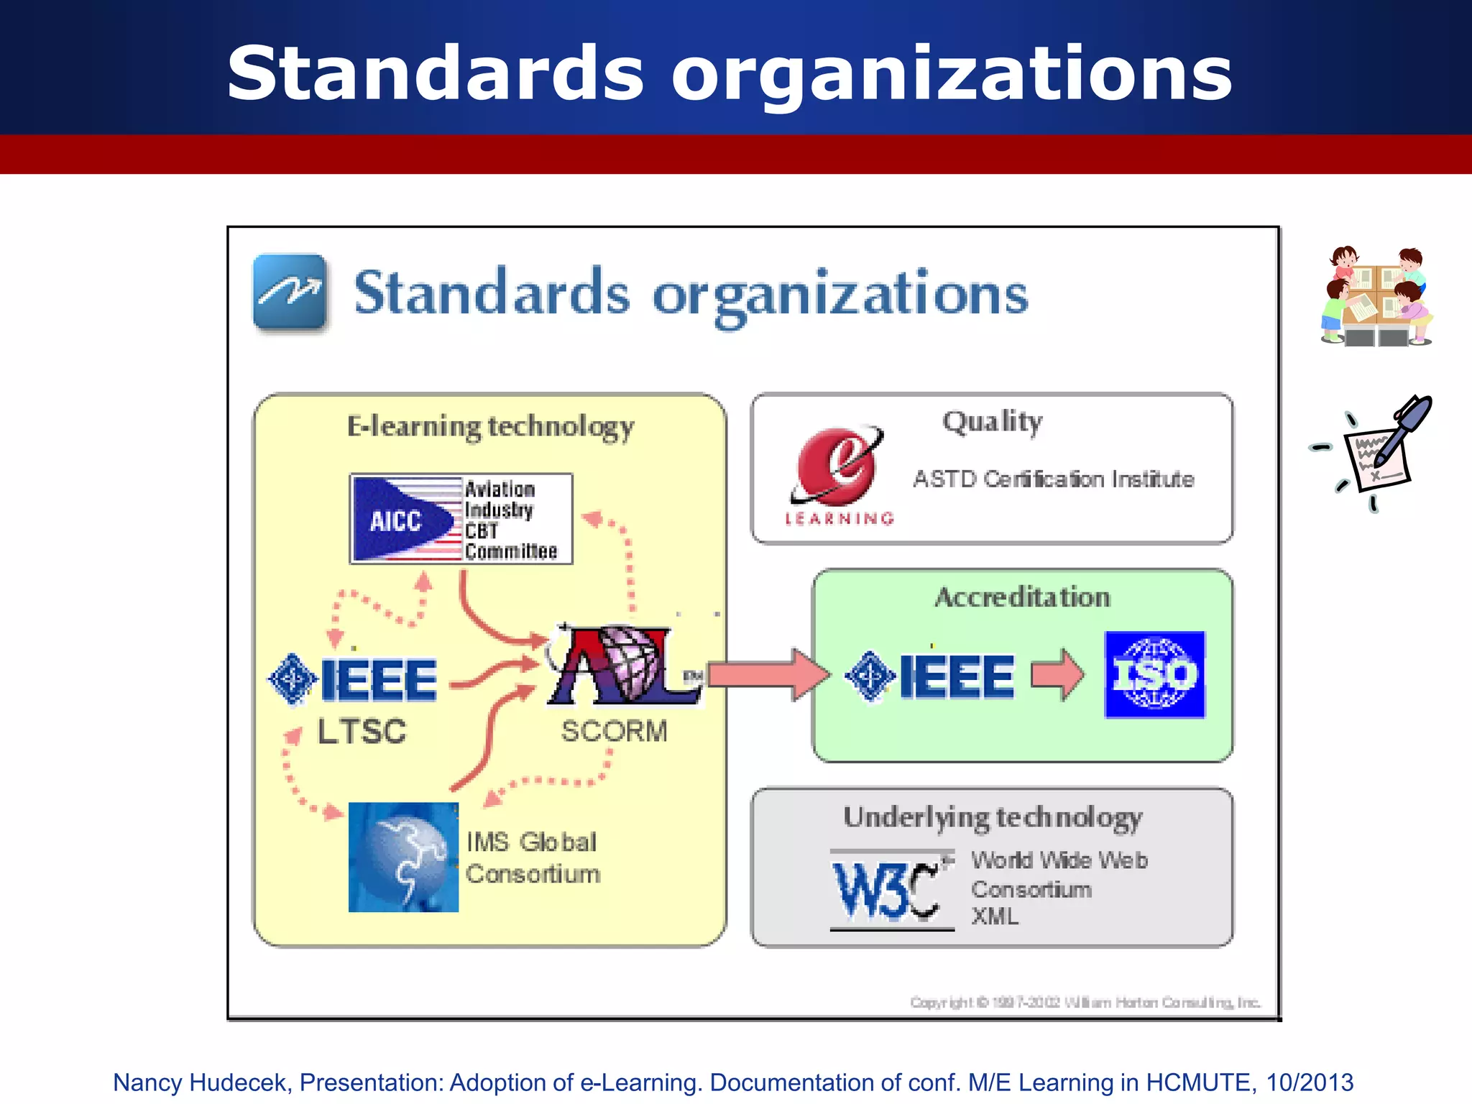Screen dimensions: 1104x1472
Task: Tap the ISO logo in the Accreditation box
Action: coord(1154,674)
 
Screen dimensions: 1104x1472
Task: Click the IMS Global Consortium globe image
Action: coord(403,857)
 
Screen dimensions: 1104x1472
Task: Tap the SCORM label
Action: coord(614,731)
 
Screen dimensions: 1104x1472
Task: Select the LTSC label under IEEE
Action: coord(362,732)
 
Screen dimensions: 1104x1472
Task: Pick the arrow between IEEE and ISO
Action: coord(1057,674)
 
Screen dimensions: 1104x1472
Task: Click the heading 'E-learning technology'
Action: coord(490,426)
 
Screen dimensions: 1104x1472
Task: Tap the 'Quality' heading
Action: coord(992,422)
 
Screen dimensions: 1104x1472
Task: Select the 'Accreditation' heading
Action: coord(1022,597)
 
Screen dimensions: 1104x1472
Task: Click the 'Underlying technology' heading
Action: coord(992,818)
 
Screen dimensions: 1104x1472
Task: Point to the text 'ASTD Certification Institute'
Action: coord(1053,479)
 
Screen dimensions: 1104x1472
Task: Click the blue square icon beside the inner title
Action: coord(290,292)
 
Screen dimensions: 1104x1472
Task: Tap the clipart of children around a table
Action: coord(1376,296)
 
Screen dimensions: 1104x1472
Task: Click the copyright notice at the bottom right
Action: coord(1085,1002)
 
